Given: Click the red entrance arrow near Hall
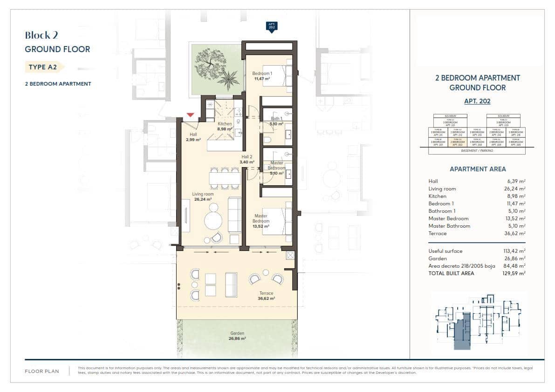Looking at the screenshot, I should pos(190,115).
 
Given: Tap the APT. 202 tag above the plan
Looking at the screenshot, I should pos(271,27).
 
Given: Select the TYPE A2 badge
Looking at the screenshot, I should pos(43,67).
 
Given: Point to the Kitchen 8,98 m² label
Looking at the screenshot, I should pos(225,127).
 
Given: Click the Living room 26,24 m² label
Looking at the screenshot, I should pos(203,196).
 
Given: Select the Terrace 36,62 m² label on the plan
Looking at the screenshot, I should pos(267,296).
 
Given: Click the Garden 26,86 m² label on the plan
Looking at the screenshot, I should pos(237,336).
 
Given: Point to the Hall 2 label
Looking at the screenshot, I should pos(247,160).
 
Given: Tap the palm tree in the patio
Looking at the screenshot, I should pos(229,77).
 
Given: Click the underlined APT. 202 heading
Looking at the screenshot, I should pos(477,101).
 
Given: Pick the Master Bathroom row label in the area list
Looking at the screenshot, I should pos(449,226).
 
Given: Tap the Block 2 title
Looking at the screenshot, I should pos(41,35).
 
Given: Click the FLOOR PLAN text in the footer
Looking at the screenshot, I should pos(42,372).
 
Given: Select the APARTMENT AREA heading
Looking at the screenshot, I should pos(477,169).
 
